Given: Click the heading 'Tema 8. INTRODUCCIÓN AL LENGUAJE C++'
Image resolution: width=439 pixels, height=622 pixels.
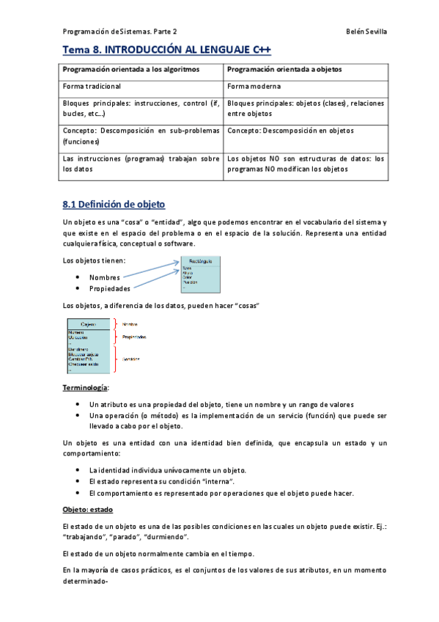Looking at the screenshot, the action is [x=167, y=50].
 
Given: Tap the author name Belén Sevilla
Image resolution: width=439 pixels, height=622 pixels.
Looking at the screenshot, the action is [x=366, y=32].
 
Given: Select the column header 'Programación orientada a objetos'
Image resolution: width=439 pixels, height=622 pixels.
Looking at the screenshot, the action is [x=285, y=70].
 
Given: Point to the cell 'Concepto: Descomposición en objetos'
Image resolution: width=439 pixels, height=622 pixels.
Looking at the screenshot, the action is [x=291, y=131].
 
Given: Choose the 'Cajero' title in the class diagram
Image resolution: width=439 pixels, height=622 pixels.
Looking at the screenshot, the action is [x=89, y=323].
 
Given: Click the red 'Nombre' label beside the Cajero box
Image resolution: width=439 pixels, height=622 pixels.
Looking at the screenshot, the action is [x=130, y=323].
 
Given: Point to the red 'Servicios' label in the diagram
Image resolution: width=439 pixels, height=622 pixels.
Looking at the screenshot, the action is [x=131, y=359].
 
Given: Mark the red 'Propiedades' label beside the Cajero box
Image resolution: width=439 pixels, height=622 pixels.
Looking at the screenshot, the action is [x=134, y=337].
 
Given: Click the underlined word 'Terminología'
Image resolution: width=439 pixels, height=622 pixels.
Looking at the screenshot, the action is [x=85, y=387].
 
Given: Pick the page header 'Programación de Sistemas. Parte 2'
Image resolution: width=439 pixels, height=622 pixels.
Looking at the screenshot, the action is [x=120, y=32].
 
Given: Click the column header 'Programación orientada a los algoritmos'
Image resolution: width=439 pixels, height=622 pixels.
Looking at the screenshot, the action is [x=131, y=70].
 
